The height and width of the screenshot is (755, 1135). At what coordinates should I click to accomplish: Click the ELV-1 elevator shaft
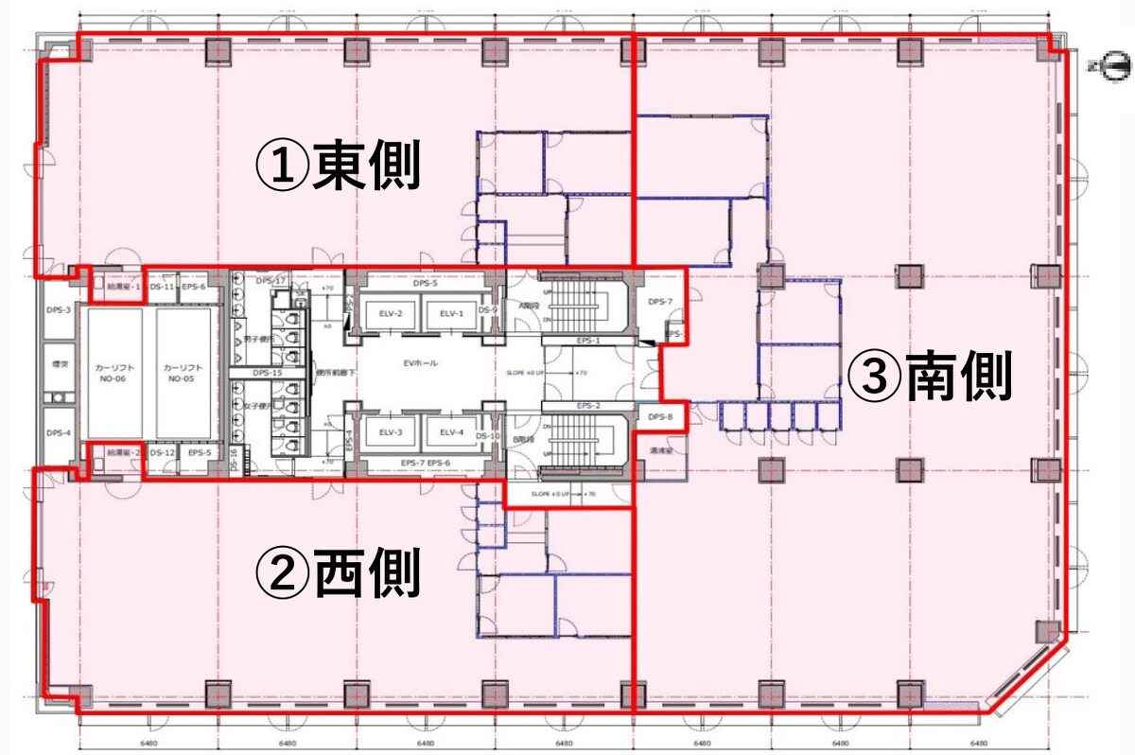coord(451,314)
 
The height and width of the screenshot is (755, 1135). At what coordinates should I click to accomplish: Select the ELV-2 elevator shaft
coord(392,314)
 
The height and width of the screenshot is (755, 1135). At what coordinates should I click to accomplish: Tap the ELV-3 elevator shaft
coord(392,432)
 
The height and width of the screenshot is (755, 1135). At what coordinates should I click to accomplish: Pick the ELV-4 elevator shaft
coord(451,432)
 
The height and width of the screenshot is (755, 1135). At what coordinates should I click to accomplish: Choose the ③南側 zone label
coord(930,377)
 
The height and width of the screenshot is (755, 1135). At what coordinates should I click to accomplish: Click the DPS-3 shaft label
coord(59,308)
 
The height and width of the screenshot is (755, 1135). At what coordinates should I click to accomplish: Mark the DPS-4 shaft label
coord(59,433)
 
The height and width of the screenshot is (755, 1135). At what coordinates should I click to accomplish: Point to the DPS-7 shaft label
coord(659,302)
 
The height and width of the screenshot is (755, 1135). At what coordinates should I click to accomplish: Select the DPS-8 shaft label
coord(659,417)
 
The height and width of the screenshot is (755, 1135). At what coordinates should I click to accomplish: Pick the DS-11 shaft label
coord(164,287)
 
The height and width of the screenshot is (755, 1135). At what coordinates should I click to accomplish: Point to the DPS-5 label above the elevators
coord(426,283)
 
